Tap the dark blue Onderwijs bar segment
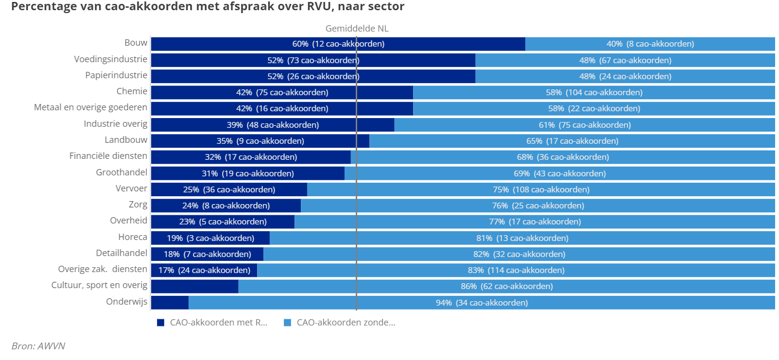[x=170, y=303]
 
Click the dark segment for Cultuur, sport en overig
[x=194, y=287]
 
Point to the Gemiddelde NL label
[x=357, y=29]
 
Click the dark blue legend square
[x=161, y=323]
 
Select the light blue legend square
[x=287, y=323]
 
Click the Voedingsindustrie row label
[x=110, y=59]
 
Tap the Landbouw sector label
[x=126, y=140]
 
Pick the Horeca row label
[x=133, y=237]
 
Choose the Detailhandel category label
[x=121, y=253]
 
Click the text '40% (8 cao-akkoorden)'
[x=650, y=44]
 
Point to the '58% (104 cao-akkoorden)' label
[x=594, y=92]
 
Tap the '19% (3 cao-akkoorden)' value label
[x=210, y=238]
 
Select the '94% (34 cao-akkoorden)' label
[x=482, y=303]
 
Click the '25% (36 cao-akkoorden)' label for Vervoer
[x=229, y=189]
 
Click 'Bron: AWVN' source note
[x=38, y=346]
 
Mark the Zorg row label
[x=138, y=205]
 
